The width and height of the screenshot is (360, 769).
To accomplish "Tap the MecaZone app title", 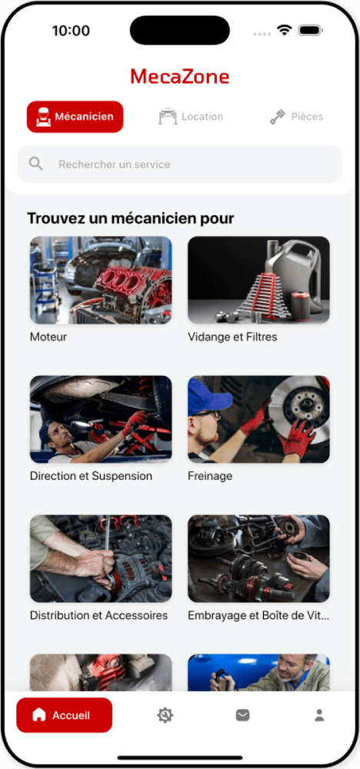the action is click(179, 77).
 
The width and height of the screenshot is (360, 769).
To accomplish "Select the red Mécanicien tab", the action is click(75, 117).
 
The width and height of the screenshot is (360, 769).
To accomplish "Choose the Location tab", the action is click(191, 117).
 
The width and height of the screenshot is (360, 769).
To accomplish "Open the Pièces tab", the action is click(296, 117).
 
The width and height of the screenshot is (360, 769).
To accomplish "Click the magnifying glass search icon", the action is click(36, 164).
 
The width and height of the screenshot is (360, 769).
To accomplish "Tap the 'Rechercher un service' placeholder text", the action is click(115, 165).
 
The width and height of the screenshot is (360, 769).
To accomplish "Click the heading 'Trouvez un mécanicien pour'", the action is click(131, 218).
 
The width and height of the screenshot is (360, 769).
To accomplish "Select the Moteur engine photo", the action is click(101, 280).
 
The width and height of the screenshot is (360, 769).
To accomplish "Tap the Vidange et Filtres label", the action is click(232, 337).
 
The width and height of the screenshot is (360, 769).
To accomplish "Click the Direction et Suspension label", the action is click(92, 476).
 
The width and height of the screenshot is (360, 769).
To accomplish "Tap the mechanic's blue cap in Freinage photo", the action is click(208, 395).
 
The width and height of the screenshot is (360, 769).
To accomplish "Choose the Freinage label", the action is click(210, 476).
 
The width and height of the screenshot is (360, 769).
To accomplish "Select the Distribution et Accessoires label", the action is click(99, 615).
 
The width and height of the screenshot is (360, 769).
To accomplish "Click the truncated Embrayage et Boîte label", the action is click(258, 615).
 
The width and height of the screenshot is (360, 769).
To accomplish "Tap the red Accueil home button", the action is click(65, 715).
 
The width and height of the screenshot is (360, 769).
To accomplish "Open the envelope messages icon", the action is click(242, 715).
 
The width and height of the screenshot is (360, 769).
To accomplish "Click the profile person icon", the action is click(319, 715).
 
